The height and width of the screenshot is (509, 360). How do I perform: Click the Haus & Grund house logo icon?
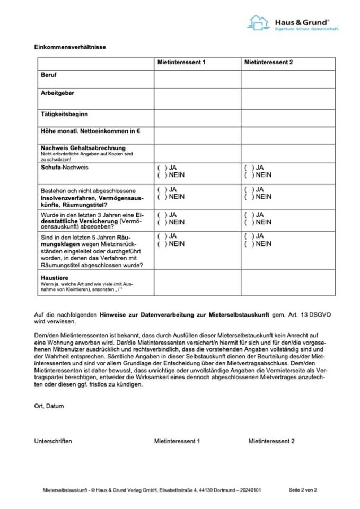click(258, 22)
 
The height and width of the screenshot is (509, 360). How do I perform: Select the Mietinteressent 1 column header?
click(181, 63)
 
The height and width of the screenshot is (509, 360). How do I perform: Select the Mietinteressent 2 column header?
click(268, 63)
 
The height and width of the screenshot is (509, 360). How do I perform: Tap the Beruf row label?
click(49, 75)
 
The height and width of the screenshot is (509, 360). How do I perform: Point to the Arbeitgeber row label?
click(57, 93)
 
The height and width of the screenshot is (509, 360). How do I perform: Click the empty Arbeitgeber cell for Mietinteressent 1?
click(197, 99)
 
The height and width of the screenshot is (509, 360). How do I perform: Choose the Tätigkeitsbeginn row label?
click(64, 114)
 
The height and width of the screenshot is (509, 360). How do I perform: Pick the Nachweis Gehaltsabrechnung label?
click(83, 147)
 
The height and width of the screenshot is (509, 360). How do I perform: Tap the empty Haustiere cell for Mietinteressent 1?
click(197, 283)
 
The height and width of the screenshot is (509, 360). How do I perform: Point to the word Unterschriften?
click(53, 441)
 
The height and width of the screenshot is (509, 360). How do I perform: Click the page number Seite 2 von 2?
click(303, 490)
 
